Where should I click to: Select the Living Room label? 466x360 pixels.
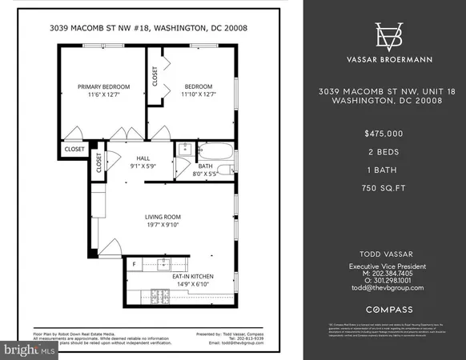pos(163,217)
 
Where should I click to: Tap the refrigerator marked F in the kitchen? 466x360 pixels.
pos(135,263)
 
